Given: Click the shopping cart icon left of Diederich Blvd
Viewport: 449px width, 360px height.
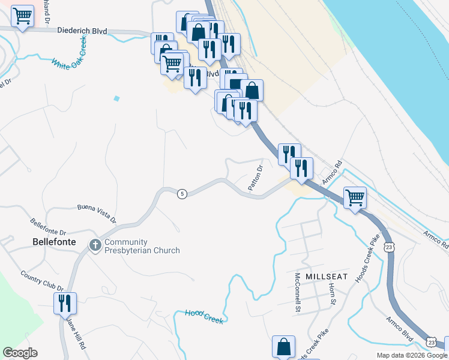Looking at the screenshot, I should (22, 17).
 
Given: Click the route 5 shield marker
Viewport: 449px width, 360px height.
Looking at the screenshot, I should (182, 193).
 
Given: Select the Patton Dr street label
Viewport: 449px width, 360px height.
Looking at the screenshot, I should (256, 177).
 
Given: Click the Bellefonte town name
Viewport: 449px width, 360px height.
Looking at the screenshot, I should (54, 242).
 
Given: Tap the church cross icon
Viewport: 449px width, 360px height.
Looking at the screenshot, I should (95, 245).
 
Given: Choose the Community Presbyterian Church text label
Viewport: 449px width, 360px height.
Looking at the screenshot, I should (142, 246).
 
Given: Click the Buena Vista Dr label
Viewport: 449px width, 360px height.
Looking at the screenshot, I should (95, 208).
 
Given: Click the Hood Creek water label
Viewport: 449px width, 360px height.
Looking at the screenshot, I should (204, 316).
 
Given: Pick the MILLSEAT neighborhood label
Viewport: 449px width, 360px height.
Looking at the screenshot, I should (326, 275).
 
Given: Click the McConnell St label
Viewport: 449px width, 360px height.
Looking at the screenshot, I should (297, 292).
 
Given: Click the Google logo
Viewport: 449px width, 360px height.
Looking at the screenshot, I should (20, 353).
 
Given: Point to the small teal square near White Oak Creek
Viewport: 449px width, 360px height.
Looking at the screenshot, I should (116, 98).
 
